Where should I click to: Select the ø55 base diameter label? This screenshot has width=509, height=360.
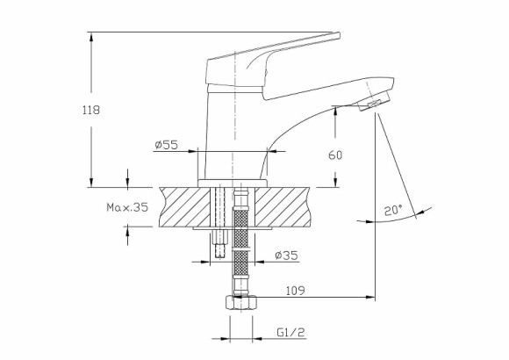point(166,146)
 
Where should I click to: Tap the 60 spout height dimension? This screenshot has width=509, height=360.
point(335,155)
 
